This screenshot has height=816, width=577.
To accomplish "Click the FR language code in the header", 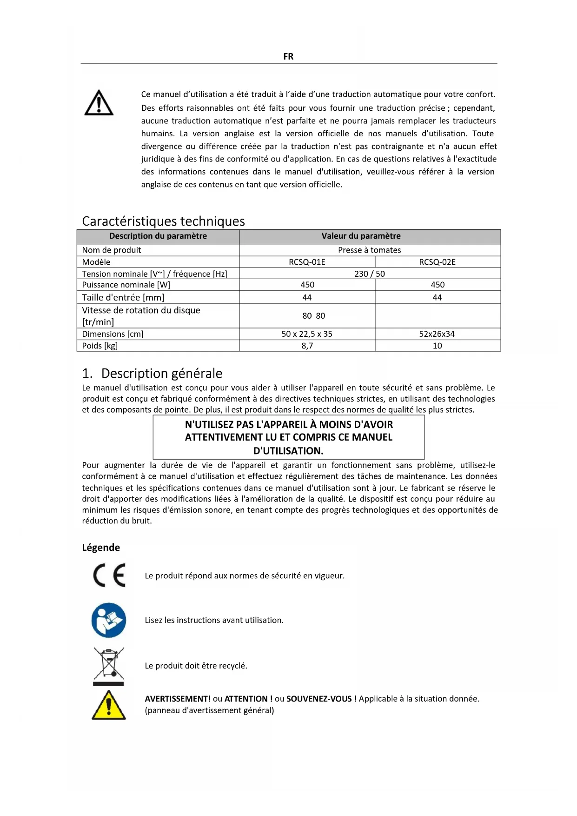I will pyautogui.click(x=288, y=56).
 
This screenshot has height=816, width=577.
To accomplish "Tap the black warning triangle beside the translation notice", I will pyautogui.click(x=99, y=103).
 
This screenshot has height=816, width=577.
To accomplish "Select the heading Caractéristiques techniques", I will pyautogui.click(x=163, y=221).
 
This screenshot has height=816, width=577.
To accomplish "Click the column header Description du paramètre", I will pyautogui.click(x=158, y=236).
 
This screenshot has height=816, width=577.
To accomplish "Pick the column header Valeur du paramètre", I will pyautogui.click(x=361, y=236).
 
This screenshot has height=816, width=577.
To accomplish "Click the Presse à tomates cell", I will pyautogui.click(x=369, y=250).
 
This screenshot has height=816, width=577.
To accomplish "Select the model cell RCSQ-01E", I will pyautogui.click(x=307, y=262).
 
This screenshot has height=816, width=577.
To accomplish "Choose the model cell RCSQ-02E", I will pyautogui.click(x=437, y=262).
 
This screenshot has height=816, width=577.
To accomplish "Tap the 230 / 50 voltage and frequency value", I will pyautogui.click(x=369, y=274).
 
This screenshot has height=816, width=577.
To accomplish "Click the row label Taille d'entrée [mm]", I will pyautogui.click(x=123, y=298).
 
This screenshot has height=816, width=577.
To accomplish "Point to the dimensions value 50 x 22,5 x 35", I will pyautogui.click(x=307, y=334).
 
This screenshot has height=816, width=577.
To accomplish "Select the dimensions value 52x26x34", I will pyautogui.click(x=437, y=334).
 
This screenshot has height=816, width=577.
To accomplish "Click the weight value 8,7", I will pyautogui.click(x=307, y=346).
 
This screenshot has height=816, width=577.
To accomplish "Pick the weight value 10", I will pyautogui.click(x=437, y=346).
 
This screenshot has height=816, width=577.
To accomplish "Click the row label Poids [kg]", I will pyautogui.click(x=100, y=346).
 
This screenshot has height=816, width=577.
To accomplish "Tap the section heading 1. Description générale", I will pyautogui.click(x=152, y=374).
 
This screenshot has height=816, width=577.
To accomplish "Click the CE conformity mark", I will pyautogui.click(x=109, y=575).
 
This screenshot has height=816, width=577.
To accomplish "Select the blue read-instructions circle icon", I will pyautogui.click(x=109, y=620).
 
